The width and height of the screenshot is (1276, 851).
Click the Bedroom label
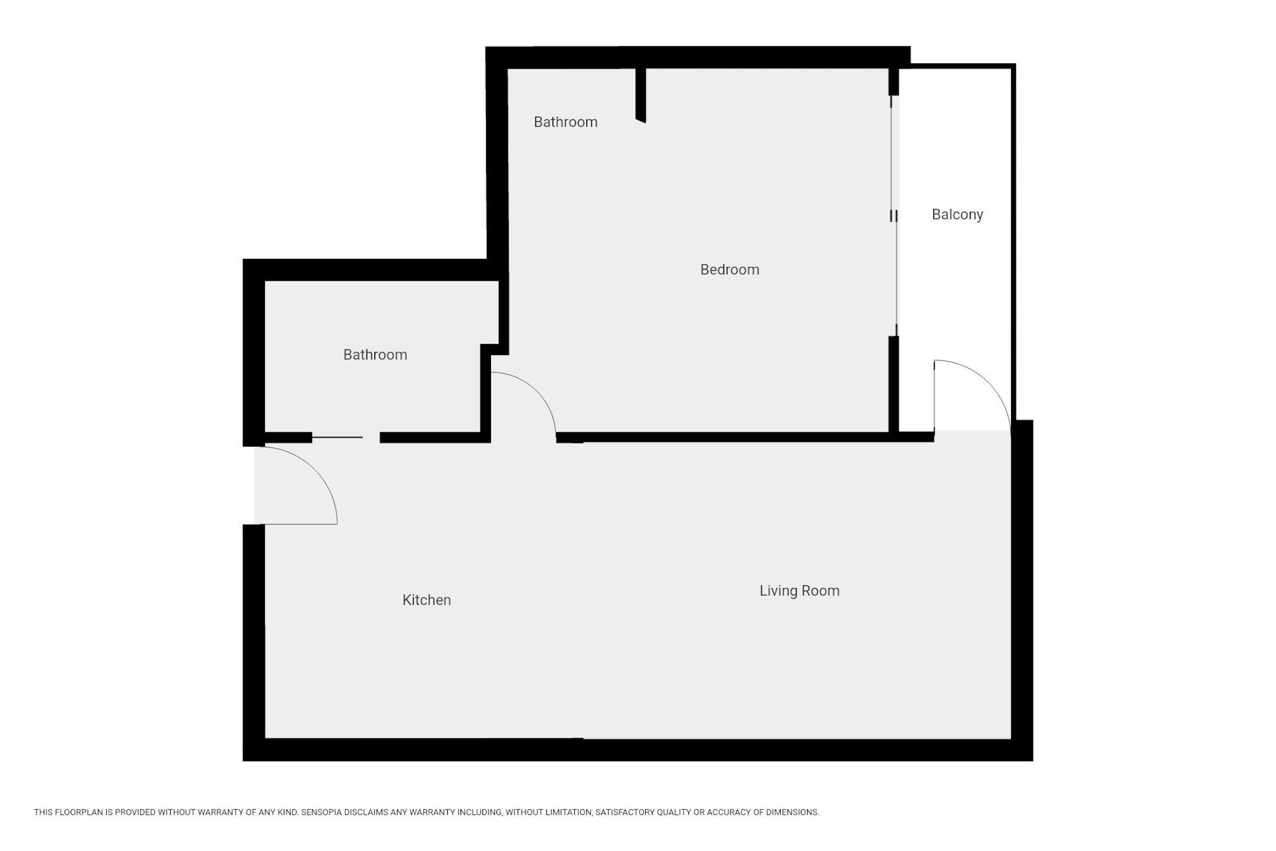[729, 269]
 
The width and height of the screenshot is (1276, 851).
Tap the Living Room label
[799, 591]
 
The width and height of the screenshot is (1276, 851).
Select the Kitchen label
[427, 600]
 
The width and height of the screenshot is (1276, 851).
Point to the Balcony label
[957, 215]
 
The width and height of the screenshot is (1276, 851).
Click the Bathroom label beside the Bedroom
[565, 122]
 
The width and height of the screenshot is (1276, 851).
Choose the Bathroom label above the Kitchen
[375, 355]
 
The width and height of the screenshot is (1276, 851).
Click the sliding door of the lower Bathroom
[337, 437]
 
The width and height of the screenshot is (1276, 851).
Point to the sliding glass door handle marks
[894, 216]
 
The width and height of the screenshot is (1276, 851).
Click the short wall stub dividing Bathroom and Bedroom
[640, 95]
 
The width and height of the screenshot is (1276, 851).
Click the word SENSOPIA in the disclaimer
[328, 812]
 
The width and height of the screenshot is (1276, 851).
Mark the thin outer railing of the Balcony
[1014, 243]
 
